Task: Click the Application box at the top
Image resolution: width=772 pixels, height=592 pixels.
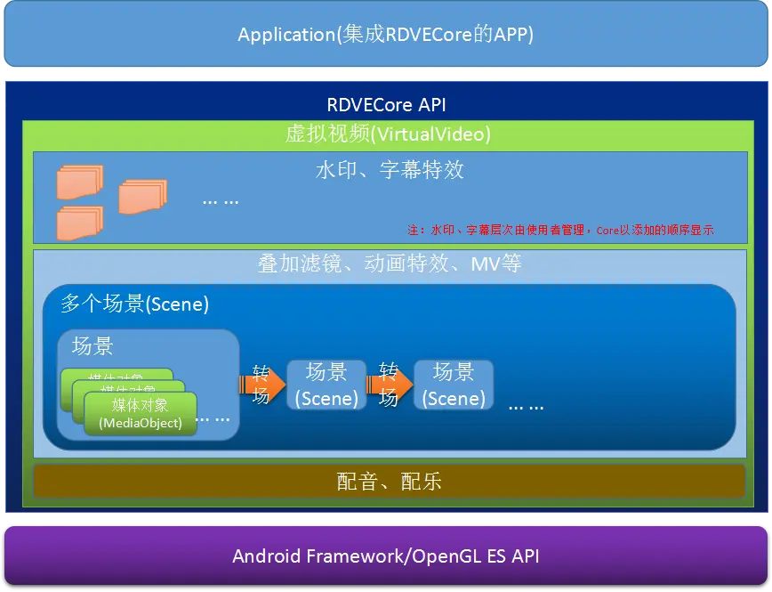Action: point(385,35)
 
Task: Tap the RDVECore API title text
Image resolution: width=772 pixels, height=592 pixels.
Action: point(386,104)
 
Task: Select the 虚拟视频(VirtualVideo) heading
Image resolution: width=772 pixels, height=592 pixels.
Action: point(386,134)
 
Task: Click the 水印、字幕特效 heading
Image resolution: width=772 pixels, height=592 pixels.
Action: point(390,169)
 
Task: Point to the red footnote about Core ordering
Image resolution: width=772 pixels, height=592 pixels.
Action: point(561,230)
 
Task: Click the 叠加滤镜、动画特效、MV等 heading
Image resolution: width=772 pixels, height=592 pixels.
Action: point(390,264)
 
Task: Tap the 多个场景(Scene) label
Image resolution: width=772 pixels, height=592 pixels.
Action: point(134,304)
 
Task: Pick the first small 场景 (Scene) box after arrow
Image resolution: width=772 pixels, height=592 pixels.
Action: point(326,385)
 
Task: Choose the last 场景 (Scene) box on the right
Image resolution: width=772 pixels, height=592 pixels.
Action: point(454,385)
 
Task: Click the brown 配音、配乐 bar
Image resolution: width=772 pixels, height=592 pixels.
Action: point(390,482)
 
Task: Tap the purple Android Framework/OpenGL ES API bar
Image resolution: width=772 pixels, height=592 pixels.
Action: point(385,556)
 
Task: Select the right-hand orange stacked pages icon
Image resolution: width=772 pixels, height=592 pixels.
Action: point(142,195)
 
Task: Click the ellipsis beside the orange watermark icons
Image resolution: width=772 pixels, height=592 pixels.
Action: point(221,201)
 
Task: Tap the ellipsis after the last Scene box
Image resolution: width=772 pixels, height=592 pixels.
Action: point(526,406)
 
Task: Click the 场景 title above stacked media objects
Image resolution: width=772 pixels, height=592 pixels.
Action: point(92,345)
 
